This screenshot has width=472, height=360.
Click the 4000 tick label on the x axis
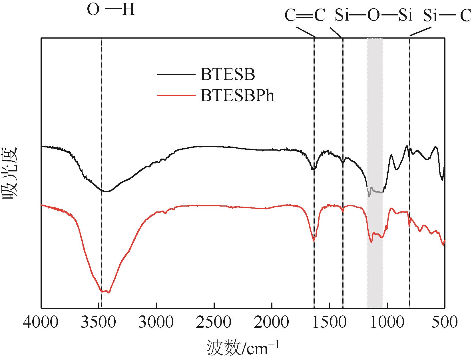click(x=41, y=322)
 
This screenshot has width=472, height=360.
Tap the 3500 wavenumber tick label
click(x=99, y=322)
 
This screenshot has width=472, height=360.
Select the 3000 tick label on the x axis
click(x=156, y=322)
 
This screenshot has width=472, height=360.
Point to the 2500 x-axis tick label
click(x=214, y=322)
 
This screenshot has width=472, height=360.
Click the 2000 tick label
click(x=272, y=322)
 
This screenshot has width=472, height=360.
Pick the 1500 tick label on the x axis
click(x=330, y=322)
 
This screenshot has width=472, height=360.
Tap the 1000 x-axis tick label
click(x=387, y=322)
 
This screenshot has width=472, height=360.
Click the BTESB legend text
click(x=227, y=75)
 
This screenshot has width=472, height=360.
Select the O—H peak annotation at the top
click(x=111, y=11)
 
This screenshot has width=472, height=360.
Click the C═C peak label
click(x=305, y=16)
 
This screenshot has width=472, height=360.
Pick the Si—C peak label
click(x=447, y=16)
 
